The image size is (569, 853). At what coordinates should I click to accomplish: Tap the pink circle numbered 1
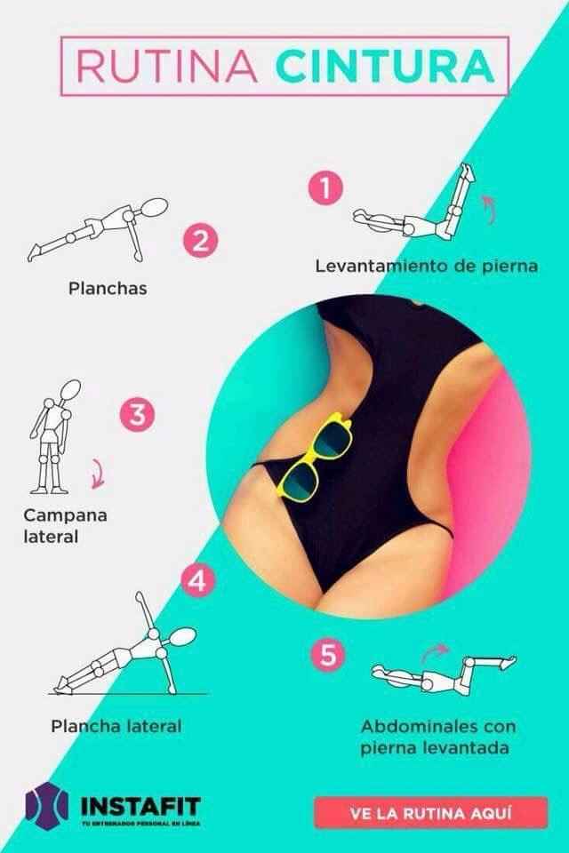tap(325, 188)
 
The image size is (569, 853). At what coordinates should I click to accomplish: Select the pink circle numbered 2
tap(201, 242)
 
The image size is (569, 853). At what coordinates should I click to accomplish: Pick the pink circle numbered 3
tap(137, 415)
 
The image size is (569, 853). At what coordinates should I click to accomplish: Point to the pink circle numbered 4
tap(196, 583)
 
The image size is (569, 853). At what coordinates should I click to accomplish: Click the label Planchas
tap(108, 289)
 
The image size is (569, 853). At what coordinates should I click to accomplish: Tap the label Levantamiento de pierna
tap(427, 266)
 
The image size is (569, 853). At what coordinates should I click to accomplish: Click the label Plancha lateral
tap(116, 726)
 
